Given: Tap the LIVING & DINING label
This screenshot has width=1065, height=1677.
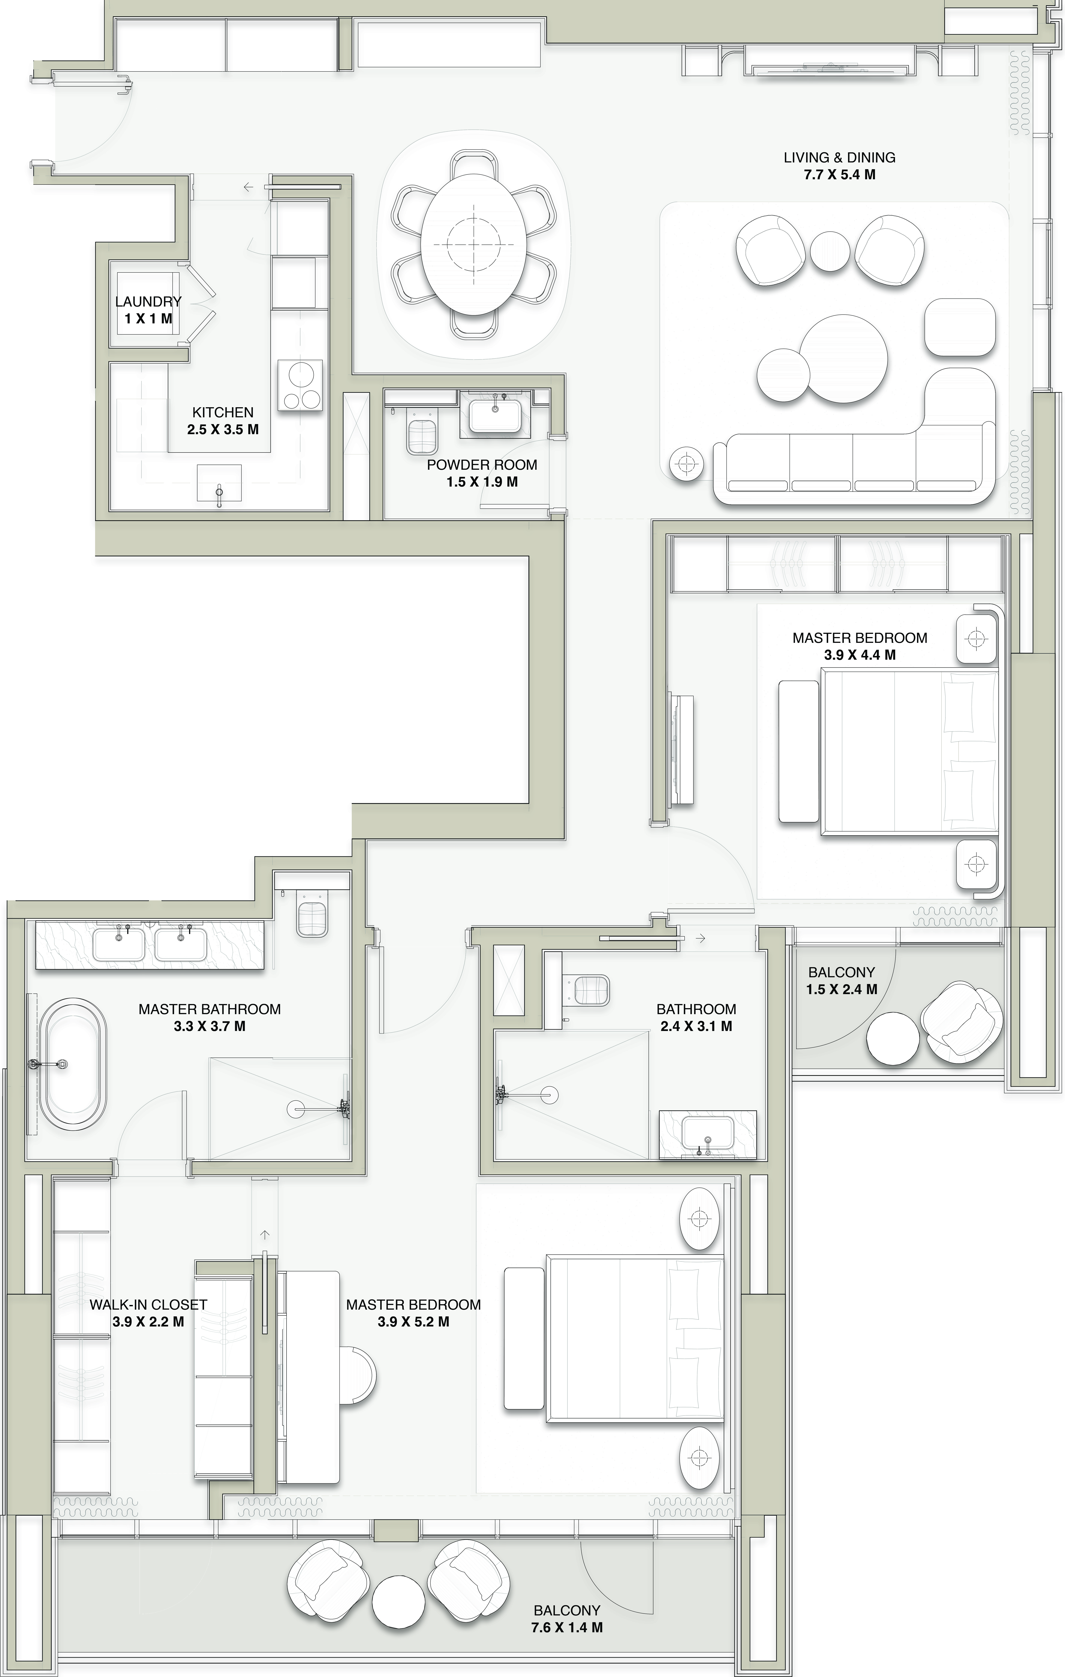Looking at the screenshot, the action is [x=839, y=157].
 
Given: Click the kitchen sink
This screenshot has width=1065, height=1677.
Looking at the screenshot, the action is [x=219, y=483].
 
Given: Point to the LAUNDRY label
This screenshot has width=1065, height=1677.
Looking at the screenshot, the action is [x=148, y=301].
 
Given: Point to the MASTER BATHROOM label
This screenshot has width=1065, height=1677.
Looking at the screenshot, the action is [x=210, y=1009].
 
